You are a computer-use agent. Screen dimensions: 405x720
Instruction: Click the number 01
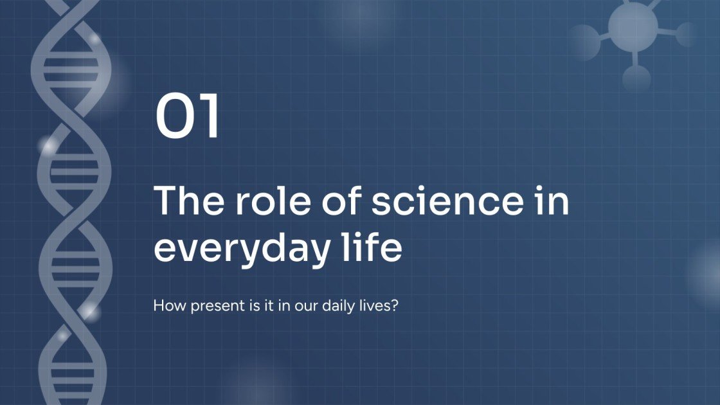188,117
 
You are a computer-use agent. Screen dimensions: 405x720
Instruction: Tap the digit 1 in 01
210,117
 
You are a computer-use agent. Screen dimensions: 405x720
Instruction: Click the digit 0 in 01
175,117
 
